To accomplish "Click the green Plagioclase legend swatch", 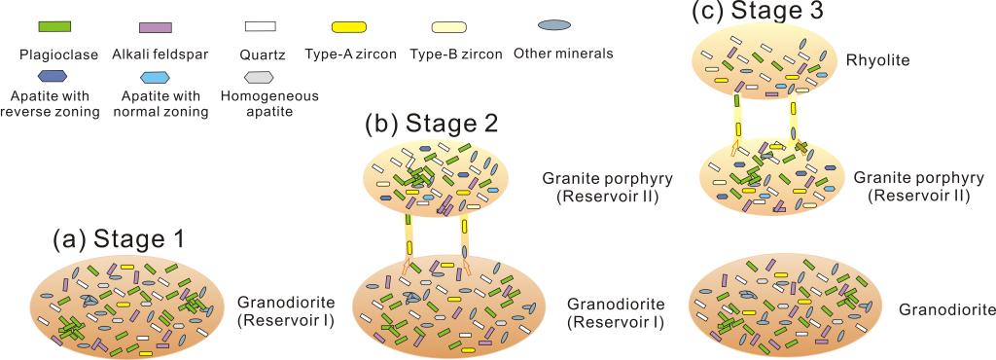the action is (54, 26).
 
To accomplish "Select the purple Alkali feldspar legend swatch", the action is (155, 27).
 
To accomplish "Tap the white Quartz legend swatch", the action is (261, 26).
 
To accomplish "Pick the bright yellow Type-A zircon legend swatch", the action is (349, 26).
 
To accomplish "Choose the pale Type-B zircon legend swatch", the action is (449, 26).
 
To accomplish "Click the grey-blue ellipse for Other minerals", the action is (553, 26).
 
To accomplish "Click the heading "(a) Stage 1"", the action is (119, 240).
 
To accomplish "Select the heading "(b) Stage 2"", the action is (432, 125).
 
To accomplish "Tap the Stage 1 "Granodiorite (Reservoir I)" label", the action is (285, 310).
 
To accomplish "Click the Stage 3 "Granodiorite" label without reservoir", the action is (947, 309).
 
